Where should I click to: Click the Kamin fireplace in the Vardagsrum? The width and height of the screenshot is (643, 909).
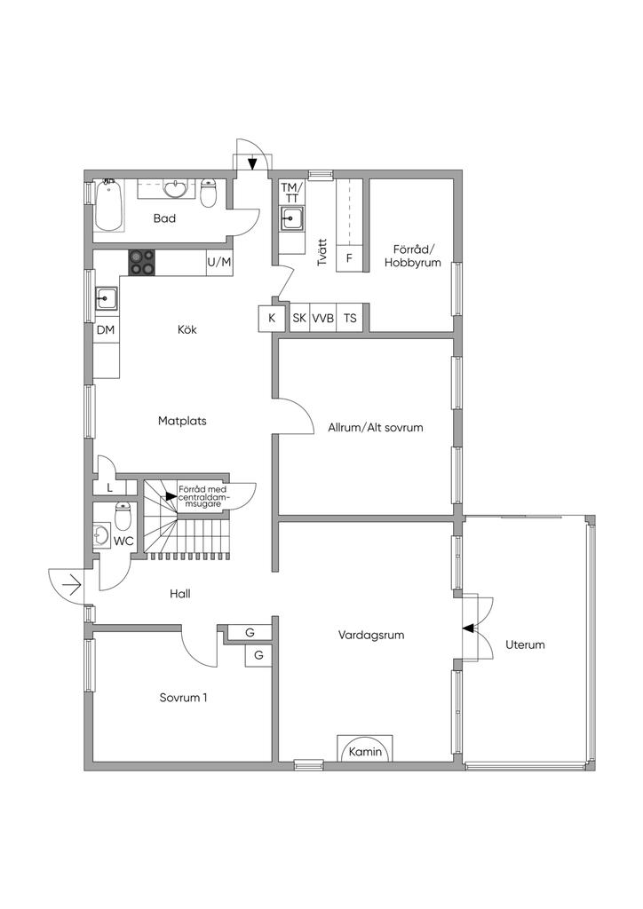pos(365,747)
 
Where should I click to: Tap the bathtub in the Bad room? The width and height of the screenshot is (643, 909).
pos(108,205)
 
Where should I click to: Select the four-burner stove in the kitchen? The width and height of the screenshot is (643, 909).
pos(142,262)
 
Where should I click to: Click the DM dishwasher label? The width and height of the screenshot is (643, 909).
pos(106,330)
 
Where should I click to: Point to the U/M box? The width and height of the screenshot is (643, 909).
pos(219,262)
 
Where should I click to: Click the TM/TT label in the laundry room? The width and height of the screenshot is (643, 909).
pos(292,193)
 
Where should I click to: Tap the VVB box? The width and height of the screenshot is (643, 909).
pos(323,318)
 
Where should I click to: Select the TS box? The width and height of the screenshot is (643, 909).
pos(350,318)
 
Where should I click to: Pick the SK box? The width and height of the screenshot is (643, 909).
pos(300,318)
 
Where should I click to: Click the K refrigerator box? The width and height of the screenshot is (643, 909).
pos(271,319)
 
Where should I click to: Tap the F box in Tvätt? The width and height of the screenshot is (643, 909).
pos(350,257)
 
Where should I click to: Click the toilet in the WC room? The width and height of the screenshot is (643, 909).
pos(123,516)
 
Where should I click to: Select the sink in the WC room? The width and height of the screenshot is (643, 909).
pos(102,535)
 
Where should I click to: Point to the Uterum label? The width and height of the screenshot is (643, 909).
pos(525,644)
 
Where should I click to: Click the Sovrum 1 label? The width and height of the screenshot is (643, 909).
pos(183,698)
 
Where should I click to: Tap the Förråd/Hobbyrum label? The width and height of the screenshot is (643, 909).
pos(413,256)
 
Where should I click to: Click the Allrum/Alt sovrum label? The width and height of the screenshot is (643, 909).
pos(376,428)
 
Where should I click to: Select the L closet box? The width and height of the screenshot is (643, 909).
pos(110,487)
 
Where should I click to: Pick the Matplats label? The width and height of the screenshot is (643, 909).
pos(182,421)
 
